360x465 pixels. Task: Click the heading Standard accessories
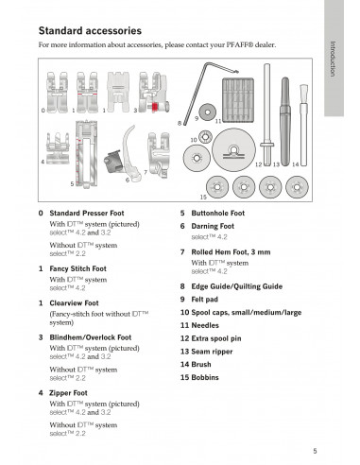click(90, 31)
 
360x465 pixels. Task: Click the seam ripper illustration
click(285, 121)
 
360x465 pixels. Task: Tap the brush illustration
click(303, 125)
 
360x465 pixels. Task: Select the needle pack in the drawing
click(238, 100)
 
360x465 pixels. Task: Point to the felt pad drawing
click(208, 112)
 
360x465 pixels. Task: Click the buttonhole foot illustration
click(86, 154)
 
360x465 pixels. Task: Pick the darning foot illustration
click(124, 154)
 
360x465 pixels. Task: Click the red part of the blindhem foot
click(155, 107)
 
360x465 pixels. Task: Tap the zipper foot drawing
click(58, 148)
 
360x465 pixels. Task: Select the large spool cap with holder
click(233, 150)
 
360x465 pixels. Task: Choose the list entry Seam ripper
click(206, 352)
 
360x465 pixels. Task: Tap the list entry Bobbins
click(199, 377)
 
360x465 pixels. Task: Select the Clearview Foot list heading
click(74, 303)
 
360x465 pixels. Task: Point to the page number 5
click(315, 451)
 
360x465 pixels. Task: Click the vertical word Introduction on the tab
click(333, 59)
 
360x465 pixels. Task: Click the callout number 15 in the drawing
click(203, 197)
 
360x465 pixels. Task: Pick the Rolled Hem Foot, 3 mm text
click(231, 252)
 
